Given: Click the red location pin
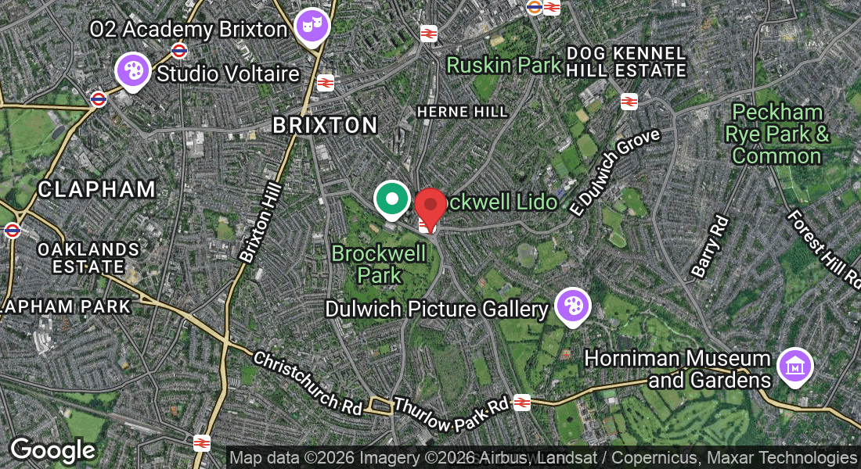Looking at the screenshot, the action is pos(430,205).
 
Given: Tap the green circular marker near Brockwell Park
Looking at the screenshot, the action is pos(391,199).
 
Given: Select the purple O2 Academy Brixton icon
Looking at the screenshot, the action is pos(312,26).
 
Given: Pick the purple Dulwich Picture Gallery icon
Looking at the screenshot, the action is pos(572,306).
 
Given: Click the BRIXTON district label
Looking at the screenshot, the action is pos(325,125).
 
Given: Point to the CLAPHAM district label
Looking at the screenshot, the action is pos(96,189).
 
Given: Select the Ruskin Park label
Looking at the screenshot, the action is pos(504,65).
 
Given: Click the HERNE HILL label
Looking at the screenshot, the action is pos(462,112).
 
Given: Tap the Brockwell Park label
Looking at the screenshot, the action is pos(380,263).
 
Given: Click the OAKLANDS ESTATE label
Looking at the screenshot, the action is pos(89,258).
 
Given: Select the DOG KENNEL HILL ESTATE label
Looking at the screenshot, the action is pos(626,62).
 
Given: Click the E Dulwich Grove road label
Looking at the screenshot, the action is pos(617,173).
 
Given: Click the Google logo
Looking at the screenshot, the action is pos(52,450).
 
